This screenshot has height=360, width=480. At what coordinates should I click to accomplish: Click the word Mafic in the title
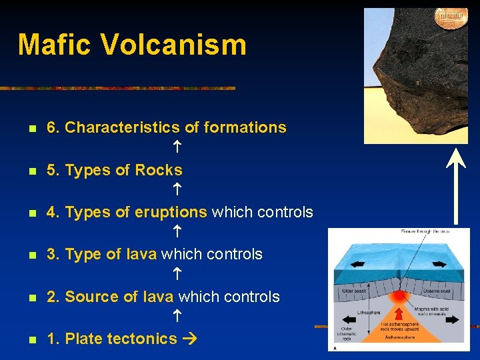(56, 45)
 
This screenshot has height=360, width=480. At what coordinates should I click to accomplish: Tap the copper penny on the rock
(451, 18)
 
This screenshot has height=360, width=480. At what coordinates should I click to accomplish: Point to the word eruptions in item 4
(171, 212)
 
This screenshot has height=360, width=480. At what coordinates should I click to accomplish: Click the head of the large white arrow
(456, 157)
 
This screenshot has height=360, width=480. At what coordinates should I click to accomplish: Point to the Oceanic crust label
(439, 291)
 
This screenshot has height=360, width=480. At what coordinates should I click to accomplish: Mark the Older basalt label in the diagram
(353, 291)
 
